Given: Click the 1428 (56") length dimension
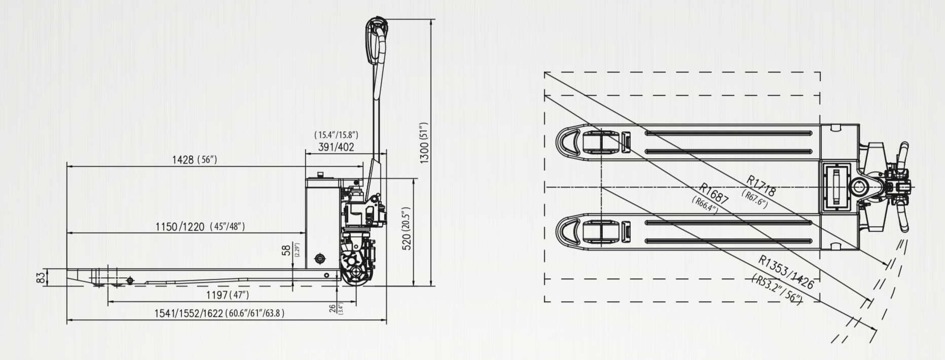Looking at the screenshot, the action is click(x=194, y=160).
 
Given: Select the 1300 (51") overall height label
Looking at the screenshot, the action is click(x=425, y=142).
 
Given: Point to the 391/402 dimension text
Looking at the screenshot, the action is click(x=336, y=147).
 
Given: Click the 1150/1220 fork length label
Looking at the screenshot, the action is click(x=200, y=226).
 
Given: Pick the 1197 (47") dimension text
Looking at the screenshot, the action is click(x=227, y=295).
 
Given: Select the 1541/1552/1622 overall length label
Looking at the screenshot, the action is click(x=219, y=313).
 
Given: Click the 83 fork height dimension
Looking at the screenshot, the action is click(x=41, y=277).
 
